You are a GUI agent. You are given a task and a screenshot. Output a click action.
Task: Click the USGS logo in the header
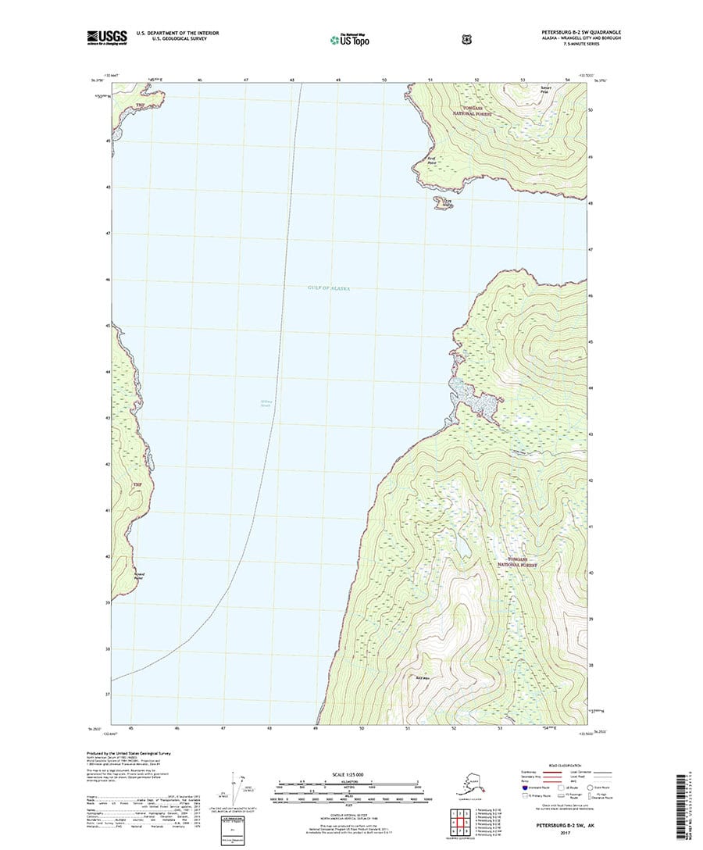pyautogui.click(x=106, y=36)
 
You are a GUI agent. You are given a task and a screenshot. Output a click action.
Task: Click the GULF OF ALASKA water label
pyautogui.click(x=329, y=288)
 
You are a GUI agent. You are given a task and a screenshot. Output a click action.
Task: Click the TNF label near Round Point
pyautogui.click(x=138, y=485)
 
